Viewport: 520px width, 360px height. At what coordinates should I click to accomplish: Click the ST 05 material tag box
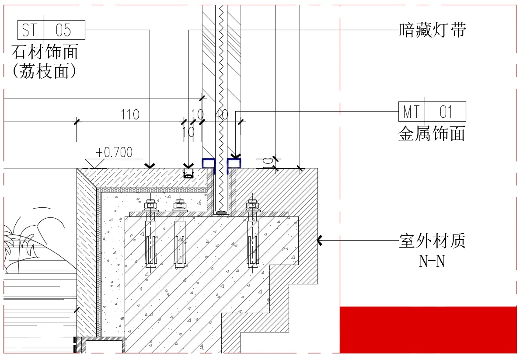click(x=51, y=30)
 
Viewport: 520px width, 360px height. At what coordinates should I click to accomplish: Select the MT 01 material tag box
click(x=432, y=112)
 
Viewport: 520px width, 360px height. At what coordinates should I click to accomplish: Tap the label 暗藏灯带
click(x=433, y=30)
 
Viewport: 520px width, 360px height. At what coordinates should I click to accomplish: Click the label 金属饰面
click(x=432, y=133)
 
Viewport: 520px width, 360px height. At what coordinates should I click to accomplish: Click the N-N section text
click(x=432, y=261)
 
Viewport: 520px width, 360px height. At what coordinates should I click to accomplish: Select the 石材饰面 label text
click(x=45, y=52)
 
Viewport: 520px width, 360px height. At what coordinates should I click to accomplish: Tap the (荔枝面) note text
click(x=45, y=71)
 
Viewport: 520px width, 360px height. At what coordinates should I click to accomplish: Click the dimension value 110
click(x=130, y=115)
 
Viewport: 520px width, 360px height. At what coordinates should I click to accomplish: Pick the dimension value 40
click(x=222, y=115)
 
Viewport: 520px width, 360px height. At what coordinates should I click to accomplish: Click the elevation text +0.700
click(x=114, y=152)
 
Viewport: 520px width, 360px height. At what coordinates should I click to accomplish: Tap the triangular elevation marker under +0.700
click(x=96, y=164)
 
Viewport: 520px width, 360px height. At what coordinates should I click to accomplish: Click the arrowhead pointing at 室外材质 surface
click(x=320, y=240)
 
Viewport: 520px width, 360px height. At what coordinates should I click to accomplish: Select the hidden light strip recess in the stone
click(x=188, y=173)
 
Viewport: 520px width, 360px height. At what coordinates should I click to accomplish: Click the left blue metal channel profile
click(x=209, y=164)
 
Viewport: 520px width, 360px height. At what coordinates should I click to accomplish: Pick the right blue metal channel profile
click(x=234, y=164)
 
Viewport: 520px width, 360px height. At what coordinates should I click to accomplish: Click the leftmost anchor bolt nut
click(x=150, y=205)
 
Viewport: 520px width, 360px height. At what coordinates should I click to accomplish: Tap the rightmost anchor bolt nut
click(x=252, y=205)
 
